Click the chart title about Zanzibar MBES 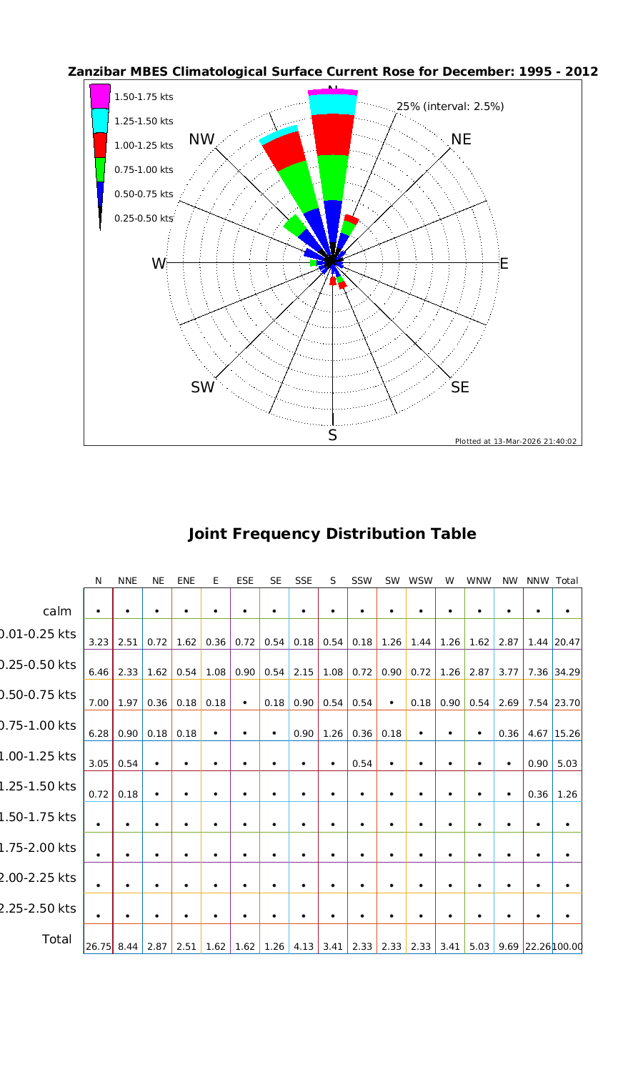pos(332,72)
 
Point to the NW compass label pos(201,140)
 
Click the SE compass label pos(461,387)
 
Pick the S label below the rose pos(332,435)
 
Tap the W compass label pos(159,264)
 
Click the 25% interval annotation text pos(450,106)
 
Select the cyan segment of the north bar pos(332,104)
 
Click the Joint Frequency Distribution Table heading pos(332,534)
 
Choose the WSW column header pos(421,581)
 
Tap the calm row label pos(57,611)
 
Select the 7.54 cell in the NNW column pos(537,703)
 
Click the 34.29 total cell pos(567,673)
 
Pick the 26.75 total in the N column pos(98,947)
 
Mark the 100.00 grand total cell pos(567,947)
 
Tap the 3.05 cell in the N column pos(99,764)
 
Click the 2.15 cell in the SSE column pos(304,673)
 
